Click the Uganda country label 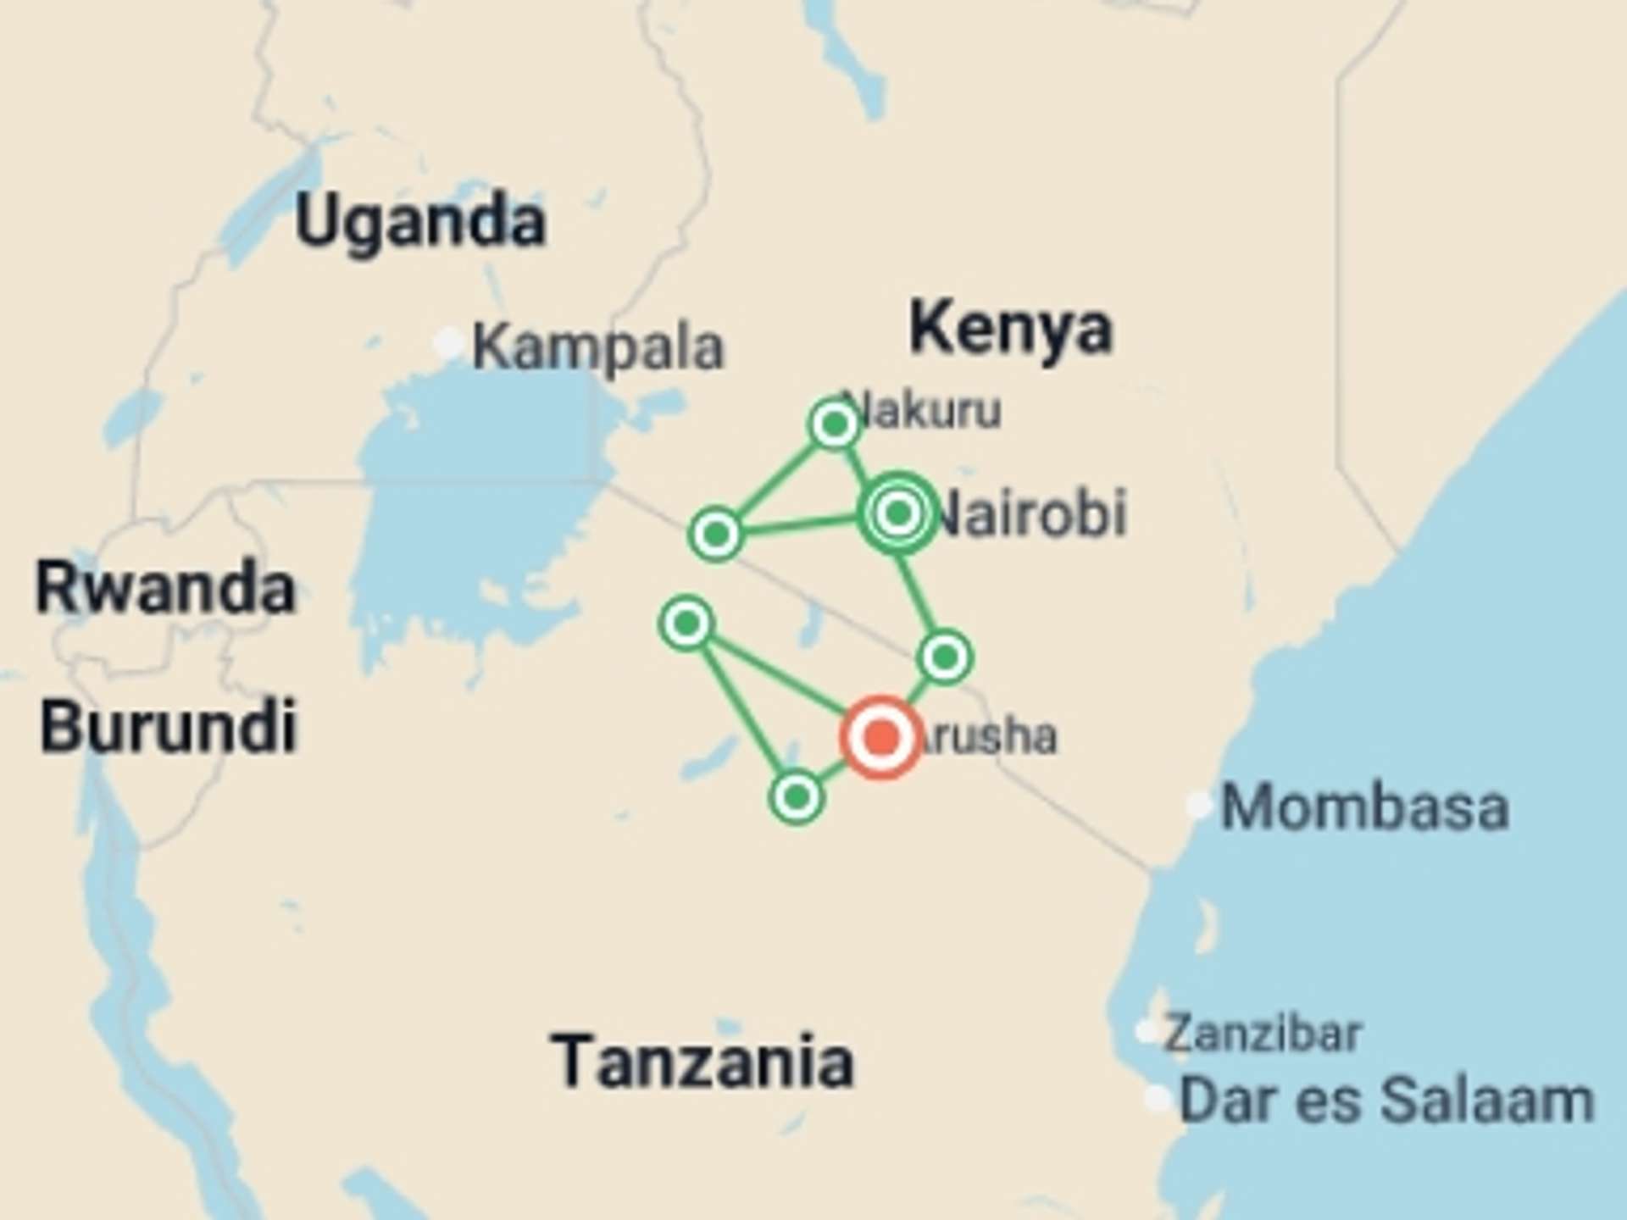tap(419, 223)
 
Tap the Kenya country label tap(1010, 329)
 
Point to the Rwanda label tap(165, 589)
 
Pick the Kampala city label tap(598, 347)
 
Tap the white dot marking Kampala tap(447, 344)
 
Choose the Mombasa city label tap(1364, 807)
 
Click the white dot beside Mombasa tap(1198, 805)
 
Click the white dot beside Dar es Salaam tap(1158, 1099)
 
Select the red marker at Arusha tap(881, 736)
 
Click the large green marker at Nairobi tap(898, 513)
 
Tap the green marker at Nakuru tap(835, 424)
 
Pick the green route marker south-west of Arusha tap(796, 797)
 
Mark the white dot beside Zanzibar tap(1147, 1032)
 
